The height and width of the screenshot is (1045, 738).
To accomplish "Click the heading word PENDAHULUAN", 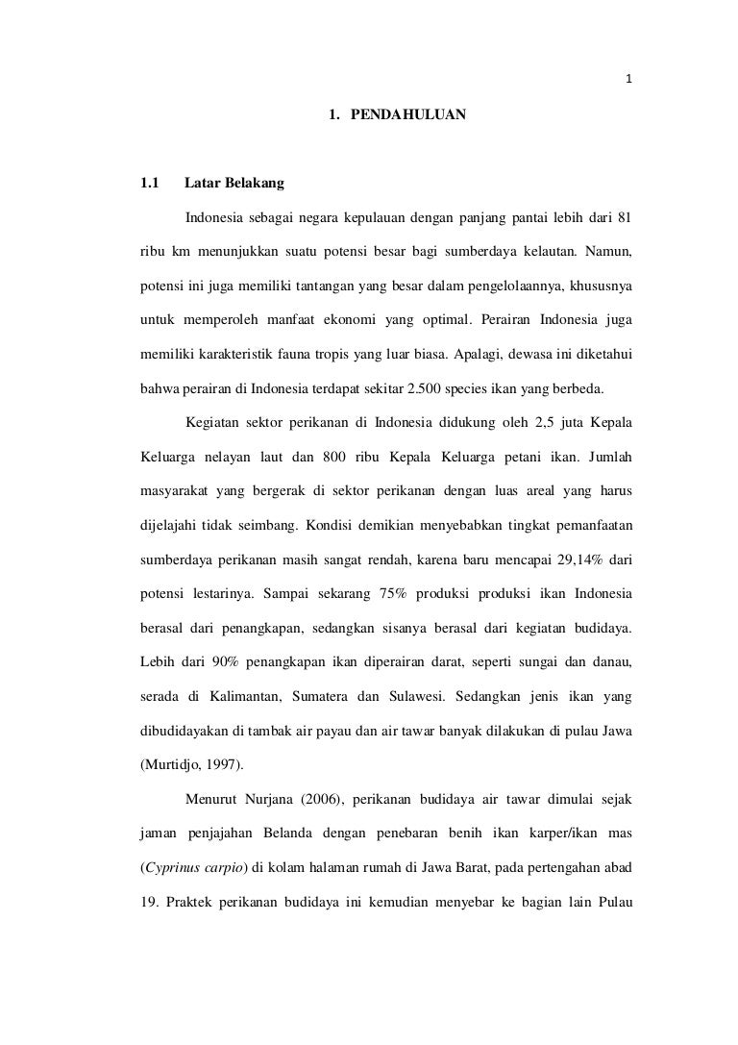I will click(408, 114).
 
